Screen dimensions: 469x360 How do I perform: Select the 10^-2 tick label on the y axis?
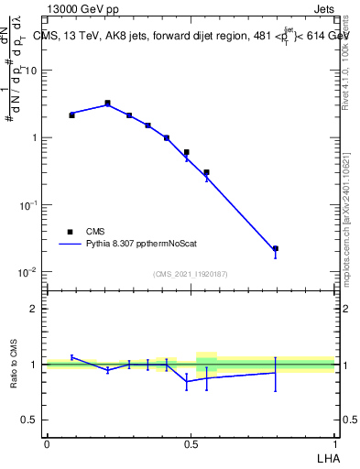tap(27, 272)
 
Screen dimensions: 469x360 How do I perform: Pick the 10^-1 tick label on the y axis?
tap(27, 205)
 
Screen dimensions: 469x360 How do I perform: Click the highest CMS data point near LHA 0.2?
tap(107, 104)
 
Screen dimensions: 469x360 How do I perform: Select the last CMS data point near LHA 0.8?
tap(275, 248)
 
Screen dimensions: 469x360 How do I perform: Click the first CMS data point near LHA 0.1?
tap(71, 115)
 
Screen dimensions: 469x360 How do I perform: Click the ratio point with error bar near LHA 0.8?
tap(275, 373)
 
